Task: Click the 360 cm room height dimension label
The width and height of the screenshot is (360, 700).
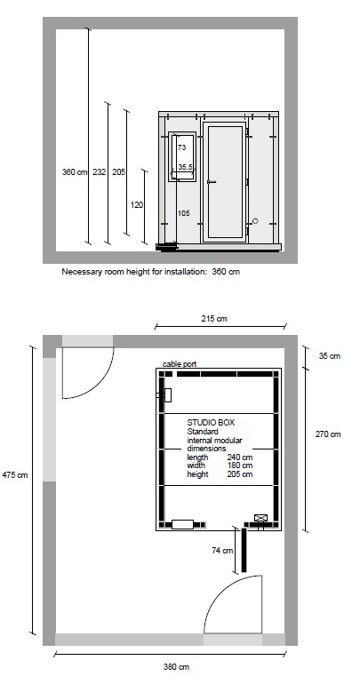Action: coord(75,171)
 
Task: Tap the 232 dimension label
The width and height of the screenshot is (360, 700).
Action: coord(99,171)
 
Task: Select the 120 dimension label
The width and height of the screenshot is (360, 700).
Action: coord(137,205)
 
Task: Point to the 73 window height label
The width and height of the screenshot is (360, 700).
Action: coord(181,147)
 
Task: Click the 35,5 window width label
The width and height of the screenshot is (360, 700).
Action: coord(186,166)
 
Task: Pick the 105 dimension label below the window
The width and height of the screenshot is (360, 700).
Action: coord(184,213)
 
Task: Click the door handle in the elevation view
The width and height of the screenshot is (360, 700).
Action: coord(212,182)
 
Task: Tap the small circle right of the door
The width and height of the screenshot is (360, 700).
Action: coord(255,220)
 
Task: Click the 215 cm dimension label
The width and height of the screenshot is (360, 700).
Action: coord(214,319)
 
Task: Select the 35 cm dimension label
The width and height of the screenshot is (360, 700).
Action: coord(330,356)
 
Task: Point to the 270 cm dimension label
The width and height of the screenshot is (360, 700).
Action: coord(328,434)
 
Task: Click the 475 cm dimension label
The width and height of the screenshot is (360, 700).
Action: coord(15,475)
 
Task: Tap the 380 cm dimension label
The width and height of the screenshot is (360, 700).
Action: coord(176,667)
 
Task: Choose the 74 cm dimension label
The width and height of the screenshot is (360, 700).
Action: coord(222,551)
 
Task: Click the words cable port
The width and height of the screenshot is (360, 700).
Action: coord(180,364)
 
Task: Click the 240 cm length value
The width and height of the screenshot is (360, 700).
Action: coord(239,457)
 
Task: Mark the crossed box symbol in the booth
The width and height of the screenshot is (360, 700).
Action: coord(260,518)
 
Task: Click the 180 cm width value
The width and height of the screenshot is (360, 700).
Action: coord(239,465)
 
